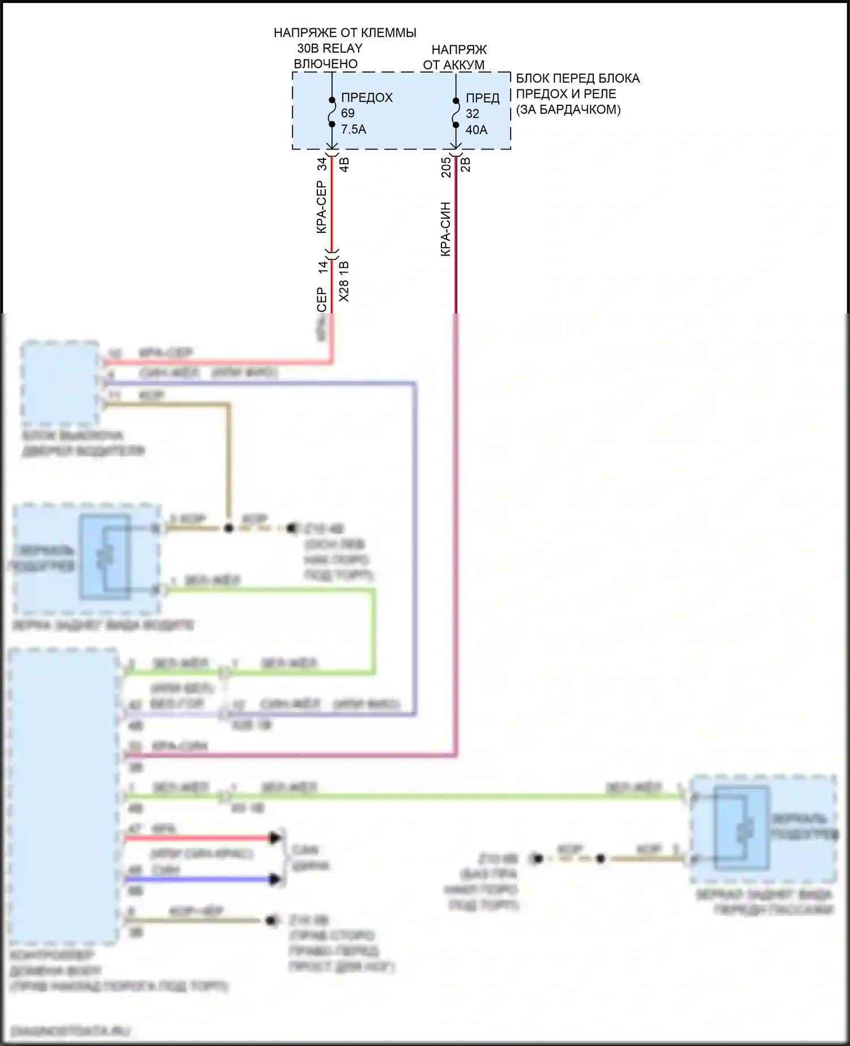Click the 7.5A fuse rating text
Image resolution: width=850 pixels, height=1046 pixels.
pos(354,130)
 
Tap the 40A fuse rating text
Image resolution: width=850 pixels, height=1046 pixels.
pos(477,130)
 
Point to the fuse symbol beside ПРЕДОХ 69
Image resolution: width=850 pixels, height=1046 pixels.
pos(332,112)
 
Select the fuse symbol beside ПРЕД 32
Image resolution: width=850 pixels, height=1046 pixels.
pos(456,112)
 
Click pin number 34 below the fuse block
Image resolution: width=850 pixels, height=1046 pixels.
pos(322,164)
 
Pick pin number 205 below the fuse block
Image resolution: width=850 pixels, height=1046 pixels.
pos(446,167)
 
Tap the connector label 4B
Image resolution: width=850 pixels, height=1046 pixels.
pos(344,164)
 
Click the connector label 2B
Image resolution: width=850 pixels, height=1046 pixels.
pos(466,164)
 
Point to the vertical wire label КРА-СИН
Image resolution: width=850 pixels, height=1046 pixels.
pos(446,229)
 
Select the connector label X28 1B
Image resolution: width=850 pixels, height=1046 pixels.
pos(344,282)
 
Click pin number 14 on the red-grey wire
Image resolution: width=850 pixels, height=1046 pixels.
pos(322,267)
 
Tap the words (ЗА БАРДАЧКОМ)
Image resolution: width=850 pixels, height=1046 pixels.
pos(568,110)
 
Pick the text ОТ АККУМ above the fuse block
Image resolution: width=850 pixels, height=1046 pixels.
pos(453,65)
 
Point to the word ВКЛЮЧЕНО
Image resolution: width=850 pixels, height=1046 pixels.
pos(326,64)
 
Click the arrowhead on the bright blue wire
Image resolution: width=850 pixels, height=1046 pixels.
pos(276,879)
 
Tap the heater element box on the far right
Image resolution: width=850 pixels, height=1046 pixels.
pos(741,828)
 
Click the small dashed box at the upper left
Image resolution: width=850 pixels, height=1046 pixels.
pos(59,384)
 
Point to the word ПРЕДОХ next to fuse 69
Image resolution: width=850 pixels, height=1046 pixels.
pos(367,97)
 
